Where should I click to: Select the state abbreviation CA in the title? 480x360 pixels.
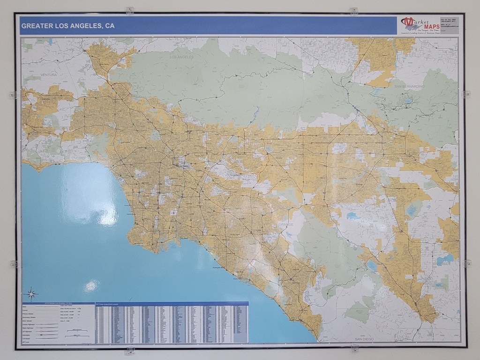click(109, 26)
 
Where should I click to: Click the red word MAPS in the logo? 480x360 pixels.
click(430, 25)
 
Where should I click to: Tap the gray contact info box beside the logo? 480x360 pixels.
click(450, 25)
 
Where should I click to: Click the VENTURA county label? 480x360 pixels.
click(48, 75)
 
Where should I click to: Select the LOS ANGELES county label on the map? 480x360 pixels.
click(181, 57)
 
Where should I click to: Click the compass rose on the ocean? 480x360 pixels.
click(31, 294)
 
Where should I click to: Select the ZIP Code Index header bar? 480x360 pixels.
click(172, 304)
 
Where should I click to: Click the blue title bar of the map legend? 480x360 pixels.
click(57, 304)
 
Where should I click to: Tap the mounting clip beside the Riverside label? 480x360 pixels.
click(467, 263)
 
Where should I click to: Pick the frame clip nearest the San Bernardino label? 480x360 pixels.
click(466, 94)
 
